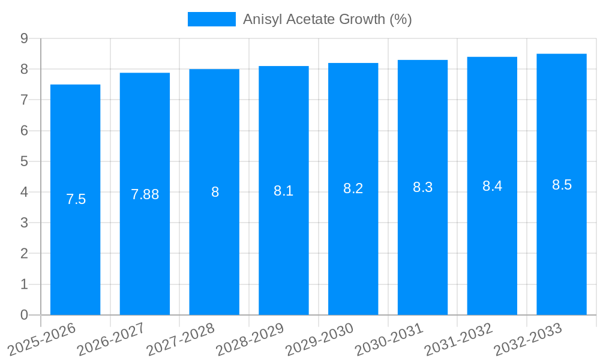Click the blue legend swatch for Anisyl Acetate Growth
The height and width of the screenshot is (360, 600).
(211, 19)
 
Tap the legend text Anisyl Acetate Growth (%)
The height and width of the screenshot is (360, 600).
(327, 19)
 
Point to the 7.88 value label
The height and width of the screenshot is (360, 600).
(145, 194)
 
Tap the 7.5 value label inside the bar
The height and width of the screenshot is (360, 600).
(76, 199)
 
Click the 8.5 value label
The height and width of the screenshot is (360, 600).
(562, 185)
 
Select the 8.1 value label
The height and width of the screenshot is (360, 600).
(283, 191)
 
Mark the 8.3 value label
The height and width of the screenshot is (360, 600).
(422, 187)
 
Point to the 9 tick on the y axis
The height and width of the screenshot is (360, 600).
(24, 38)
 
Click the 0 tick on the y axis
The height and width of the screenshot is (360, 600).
(24, 315)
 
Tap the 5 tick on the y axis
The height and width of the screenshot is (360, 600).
(24, 161)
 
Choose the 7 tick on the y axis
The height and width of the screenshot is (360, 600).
(24, 100)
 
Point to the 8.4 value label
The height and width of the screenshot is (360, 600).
(492, 186)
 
